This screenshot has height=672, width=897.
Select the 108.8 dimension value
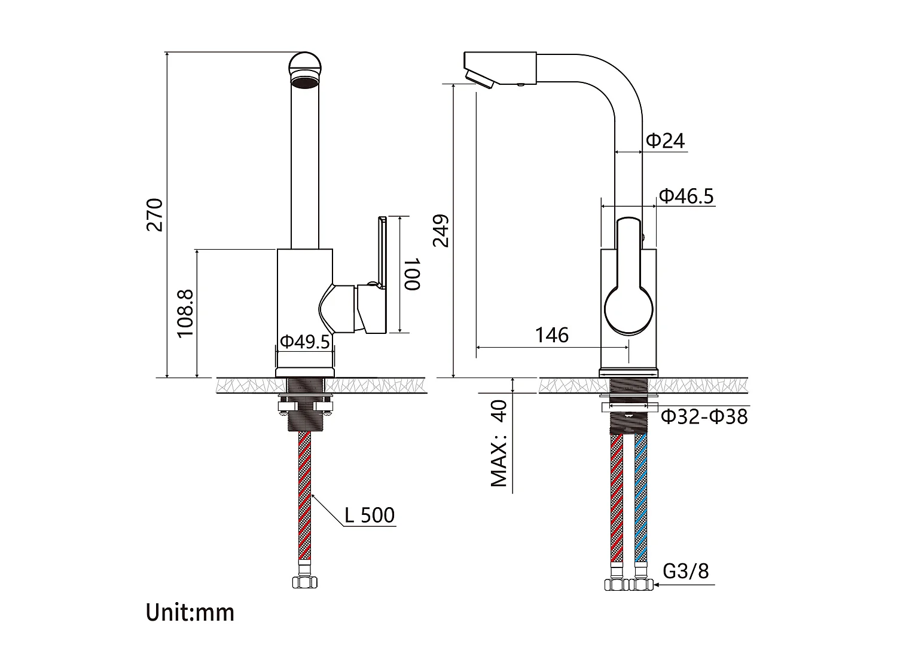[185, 314]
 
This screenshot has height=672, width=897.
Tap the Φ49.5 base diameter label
[305, 341]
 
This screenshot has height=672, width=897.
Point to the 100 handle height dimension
[412, 274]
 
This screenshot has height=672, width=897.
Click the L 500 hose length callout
[370, 515]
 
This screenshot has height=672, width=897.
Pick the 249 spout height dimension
[441, 230]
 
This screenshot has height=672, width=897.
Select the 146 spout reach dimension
[551, 335]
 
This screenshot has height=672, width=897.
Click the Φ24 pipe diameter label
[665, 140]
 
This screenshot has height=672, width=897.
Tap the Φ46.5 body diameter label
[686, 195]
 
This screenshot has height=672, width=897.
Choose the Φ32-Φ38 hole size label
[704, 416]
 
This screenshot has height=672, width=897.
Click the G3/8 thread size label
[685, 571]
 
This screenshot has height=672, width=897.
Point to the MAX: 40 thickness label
[499, 443]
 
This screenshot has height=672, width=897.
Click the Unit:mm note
[190, 612]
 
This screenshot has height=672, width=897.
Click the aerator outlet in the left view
[305, 82]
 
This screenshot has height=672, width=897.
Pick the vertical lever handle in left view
[380, 251]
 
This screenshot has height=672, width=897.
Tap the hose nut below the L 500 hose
[304, 582]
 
